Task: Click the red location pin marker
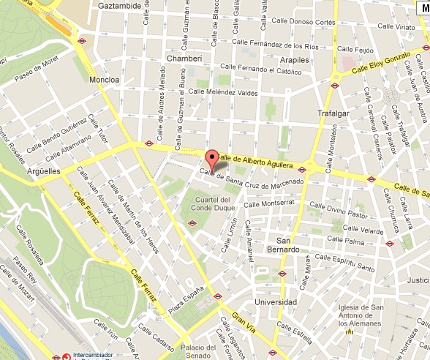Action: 212,159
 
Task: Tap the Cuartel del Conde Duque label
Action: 211,204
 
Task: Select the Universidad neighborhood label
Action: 274,302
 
